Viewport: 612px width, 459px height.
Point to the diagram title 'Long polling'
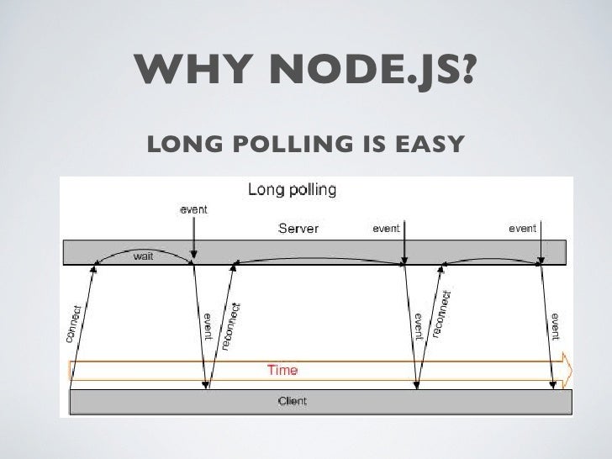[291, 189]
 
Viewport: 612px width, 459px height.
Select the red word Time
[282, 369]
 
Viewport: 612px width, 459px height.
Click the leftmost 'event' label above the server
[193, 208]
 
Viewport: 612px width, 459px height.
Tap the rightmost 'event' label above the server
[522, 228]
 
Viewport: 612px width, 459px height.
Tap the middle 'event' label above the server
[386, 228]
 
